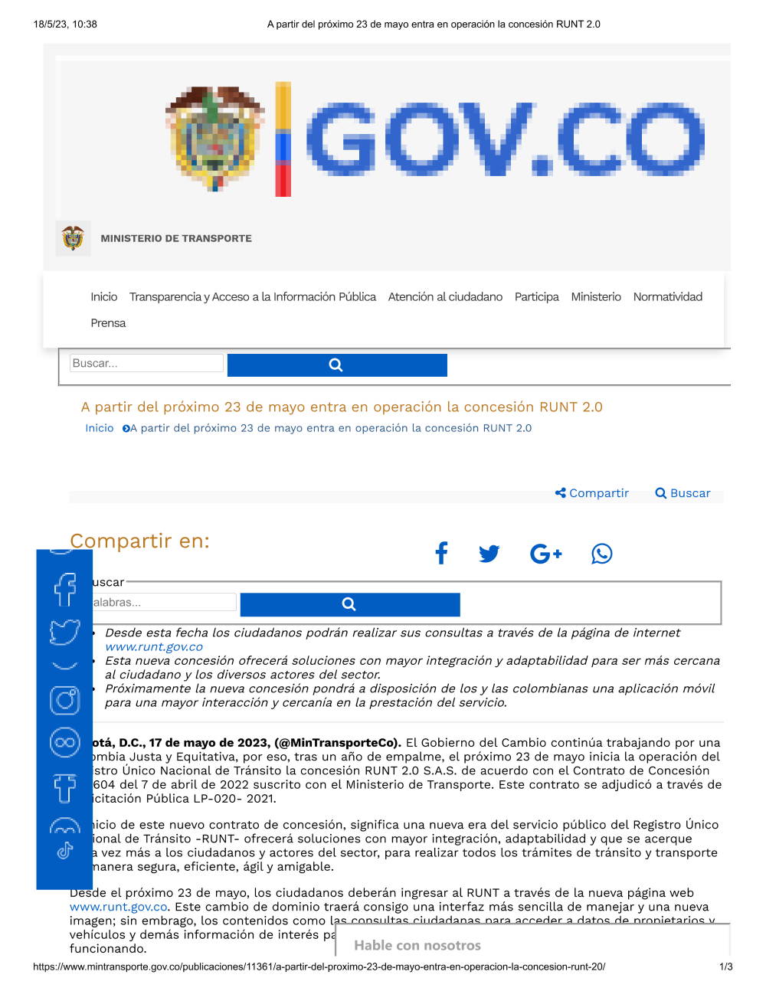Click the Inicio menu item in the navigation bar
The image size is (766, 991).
coord(104,297)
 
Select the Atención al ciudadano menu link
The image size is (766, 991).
coord(445,297)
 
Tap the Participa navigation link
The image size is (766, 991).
coord(536,297)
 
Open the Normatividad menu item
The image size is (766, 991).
coord(667,297)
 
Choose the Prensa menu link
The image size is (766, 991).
coord(108,323)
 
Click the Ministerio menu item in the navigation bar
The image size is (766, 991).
coord(596,297)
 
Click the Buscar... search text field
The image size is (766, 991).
coord(146,364)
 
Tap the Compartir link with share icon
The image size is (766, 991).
coord(592,493)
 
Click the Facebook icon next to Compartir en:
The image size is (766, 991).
coord(441,553)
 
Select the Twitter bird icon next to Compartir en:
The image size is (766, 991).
coord(489,553)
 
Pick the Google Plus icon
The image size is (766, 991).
coord(545,553)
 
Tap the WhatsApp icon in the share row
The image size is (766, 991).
coord(601,553)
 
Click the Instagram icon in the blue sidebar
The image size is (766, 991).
coord(65,700)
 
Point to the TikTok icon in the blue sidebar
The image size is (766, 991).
coord(65,851)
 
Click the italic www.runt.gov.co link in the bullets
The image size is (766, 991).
coord(154,647)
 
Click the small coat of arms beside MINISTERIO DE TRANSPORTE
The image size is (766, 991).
coord(73,238)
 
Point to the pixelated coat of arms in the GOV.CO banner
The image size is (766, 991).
coord(215,138)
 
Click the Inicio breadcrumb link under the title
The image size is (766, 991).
coord(100,428)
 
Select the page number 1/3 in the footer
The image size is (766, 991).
coord(725,966)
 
